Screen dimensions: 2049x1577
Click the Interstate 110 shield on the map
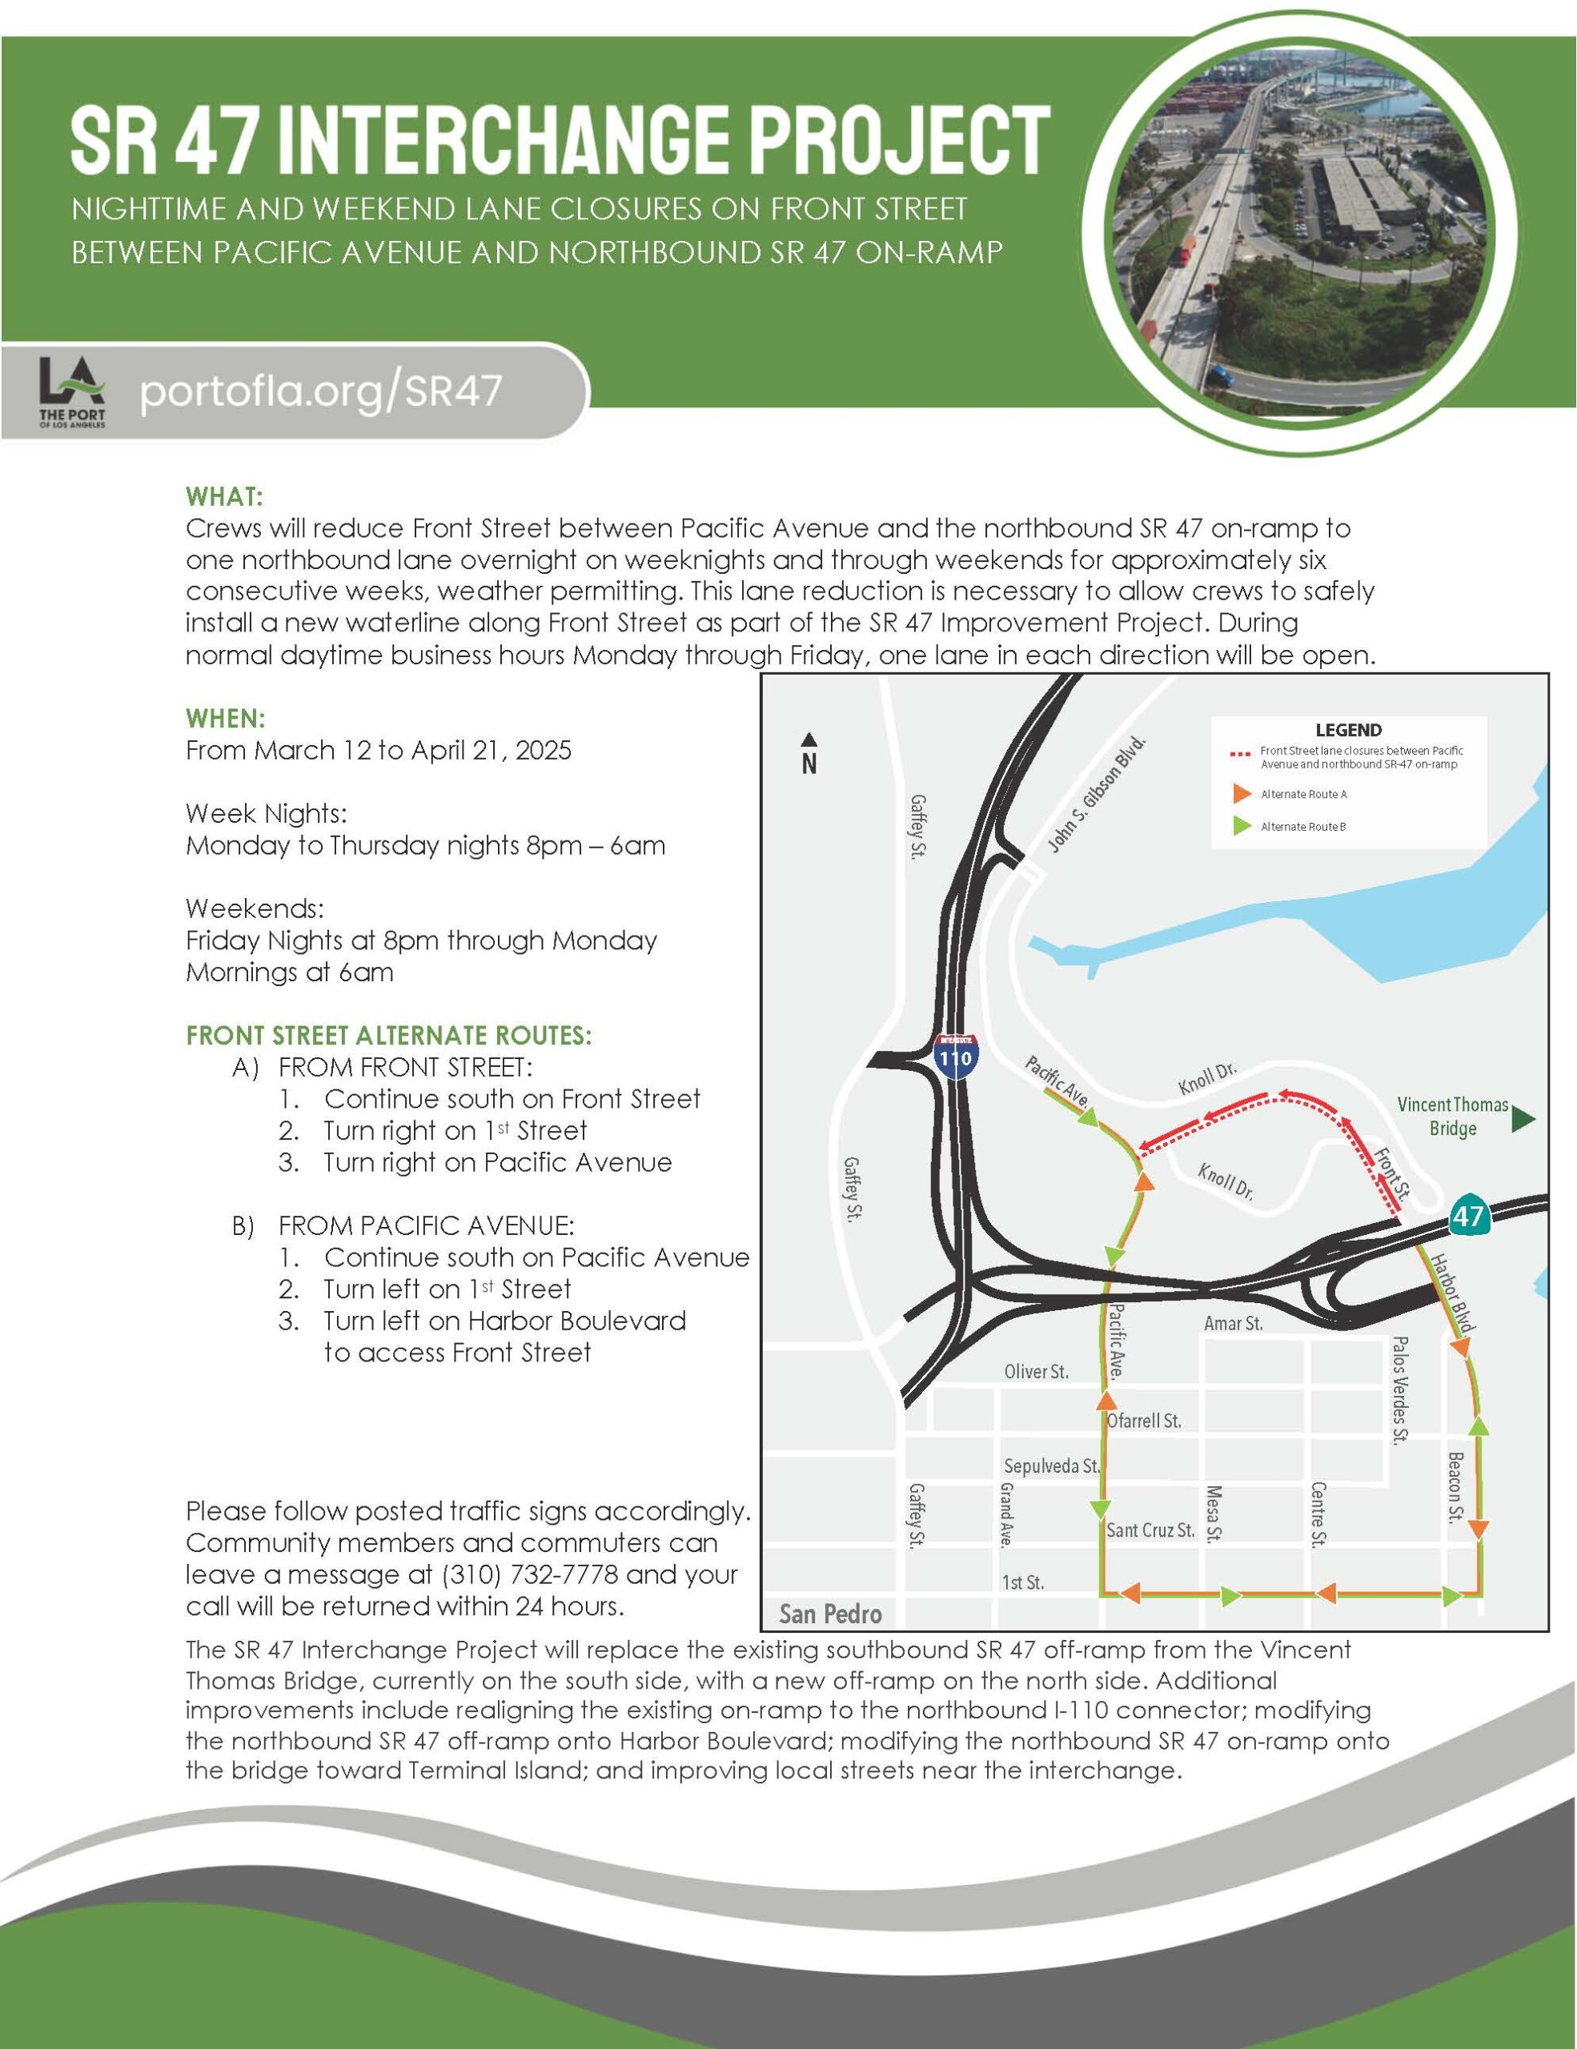(x=955, y=1057)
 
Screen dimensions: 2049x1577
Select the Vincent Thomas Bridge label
(x=1452, y=1117)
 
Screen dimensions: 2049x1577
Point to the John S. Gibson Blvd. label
(x=1097, y=795)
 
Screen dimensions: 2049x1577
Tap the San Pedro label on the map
(x=830, y=1614)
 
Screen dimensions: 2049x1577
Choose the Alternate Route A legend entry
(x=1303, y=795)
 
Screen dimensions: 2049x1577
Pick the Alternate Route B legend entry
(x=1303, y=827)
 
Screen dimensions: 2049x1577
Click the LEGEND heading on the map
(x=1348, y=730)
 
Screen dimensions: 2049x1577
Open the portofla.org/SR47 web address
(x=321, y=391)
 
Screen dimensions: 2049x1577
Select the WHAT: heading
(x=225, y=495)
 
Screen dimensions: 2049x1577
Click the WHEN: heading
(x=226, y=719)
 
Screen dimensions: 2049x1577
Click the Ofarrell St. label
(x=1144, y=1421)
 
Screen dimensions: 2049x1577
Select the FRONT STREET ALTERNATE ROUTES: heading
(x=388, y=1036)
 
